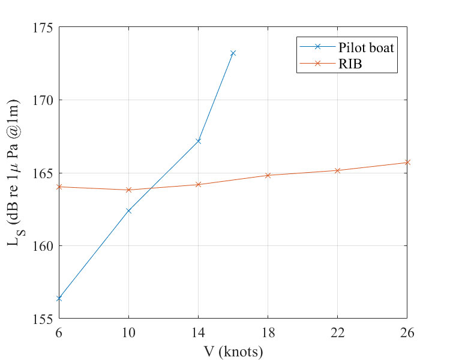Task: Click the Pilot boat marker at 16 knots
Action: coord(233,53)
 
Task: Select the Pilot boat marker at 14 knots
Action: coord(198,141)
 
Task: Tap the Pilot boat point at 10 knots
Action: coord(128,211)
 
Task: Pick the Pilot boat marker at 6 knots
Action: coord(59,298)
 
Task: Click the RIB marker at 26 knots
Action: coord(407,162)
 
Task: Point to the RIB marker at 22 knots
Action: coord(338,170)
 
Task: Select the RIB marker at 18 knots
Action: coord(268,175)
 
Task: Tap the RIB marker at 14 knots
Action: coord(198,184)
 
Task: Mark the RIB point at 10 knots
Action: coord(128,190)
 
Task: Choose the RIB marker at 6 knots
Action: coord(59,187)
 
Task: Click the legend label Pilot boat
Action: coord(365,48)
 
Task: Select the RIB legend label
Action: coord(351,64)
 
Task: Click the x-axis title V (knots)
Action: coord(233,351)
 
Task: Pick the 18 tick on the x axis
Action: coord(268,332)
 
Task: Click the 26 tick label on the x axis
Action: coord(407,332)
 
